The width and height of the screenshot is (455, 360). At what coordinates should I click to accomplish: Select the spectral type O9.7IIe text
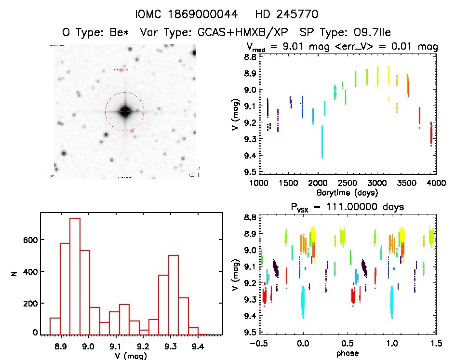[345, 32]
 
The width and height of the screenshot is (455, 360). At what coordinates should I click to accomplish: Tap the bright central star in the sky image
[125, 111]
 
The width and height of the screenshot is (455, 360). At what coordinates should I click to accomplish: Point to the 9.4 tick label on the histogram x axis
[197, 346]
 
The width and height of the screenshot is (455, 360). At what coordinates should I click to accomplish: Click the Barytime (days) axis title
[347, 192]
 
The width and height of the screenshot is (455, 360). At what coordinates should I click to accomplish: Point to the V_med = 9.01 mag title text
[289, 47]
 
